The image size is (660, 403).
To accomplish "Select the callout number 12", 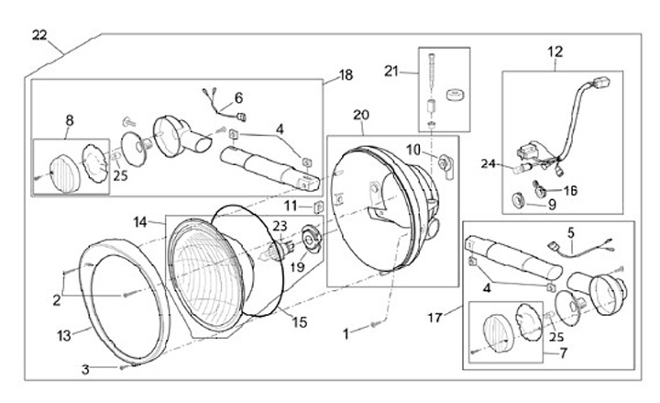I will click(x=555, y=51).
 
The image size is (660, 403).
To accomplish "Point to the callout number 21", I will click(x=392, y=71).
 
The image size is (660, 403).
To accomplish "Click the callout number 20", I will click(x=360, y=115).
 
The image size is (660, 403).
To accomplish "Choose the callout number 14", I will click(x=140, y=222).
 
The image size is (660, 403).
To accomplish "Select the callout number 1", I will click(x=346, y=335).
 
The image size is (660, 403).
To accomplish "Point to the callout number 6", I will click(x=238, y=97).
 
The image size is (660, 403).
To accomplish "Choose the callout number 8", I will click(x=69, y=119).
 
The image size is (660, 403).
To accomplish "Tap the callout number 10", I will click(x=413, y=149).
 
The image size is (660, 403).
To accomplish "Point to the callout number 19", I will click(x=297, y=266).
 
